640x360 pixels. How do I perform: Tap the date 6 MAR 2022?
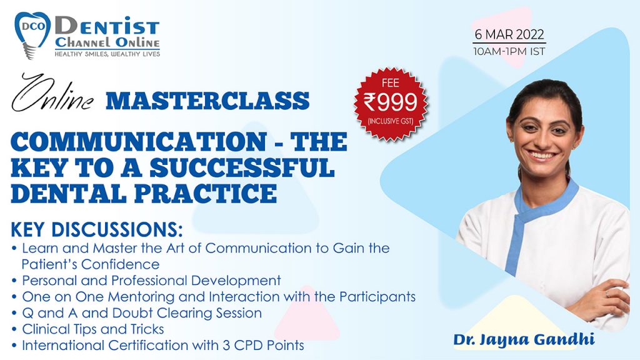tap(509, 34)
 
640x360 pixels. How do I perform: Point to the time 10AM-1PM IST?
tap(509, 51)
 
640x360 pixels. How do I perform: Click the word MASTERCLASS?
tap(209, 100)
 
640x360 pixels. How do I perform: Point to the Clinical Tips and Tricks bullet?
tap(93, 329)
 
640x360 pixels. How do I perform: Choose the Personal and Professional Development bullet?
tap(151, 280)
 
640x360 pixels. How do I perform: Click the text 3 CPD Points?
tap(274, 345)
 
